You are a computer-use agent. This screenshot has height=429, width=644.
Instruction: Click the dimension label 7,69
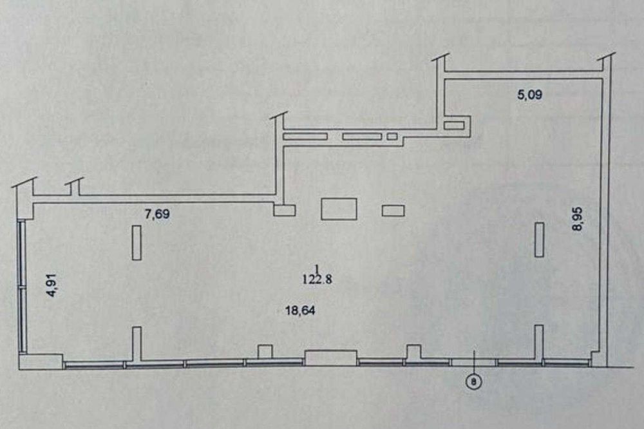[x=157, y=214]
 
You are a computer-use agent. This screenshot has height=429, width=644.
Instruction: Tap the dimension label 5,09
[x=530, y=95]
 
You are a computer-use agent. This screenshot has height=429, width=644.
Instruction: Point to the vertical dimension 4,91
[x=53, y=285]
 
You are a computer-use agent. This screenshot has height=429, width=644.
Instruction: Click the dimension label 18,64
[x=300, y=310]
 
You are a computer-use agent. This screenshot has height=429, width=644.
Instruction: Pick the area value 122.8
[x=317, y=280]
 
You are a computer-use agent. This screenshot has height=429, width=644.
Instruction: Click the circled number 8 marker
[x=473, y=382]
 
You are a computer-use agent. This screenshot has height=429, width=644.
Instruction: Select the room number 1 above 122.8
[x=317, y=269]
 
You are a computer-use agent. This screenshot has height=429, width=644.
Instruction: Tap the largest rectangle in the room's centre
[x=339, y=209]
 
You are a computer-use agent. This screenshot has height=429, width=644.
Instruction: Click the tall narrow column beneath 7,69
[x=137, y=242]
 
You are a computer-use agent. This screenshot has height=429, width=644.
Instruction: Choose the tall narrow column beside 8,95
[x=539, y=240]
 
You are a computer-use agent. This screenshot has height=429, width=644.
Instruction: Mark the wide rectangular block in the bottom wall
[x=330, y=358]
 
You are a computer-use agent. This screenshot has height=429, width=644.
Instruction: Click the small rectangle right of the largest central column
[x=393, y=211]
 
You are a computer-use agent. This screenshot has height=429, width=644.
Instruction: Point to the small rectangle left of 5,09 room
[x=454, y=126]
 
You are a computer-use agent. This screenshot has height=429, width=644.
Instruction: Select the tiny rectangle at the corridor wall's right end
[x=392, y=137]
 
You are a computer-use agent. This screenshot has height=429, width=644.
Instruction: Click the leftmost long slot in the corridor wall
[x=305, y=137]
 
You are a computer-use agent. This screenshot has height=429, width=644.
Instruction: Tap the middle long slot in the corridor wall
[x=362, y=137]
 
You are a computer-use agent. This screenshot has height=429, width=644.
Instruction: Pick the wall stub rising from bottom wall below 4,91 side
[x=137, y=344]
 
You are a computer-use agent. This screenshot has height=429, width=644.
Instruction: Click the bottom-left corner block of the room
[x=41, y=362]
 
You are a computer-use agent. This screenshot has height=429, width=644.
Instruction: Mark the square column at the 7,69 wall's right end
[x=285, y=211]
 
